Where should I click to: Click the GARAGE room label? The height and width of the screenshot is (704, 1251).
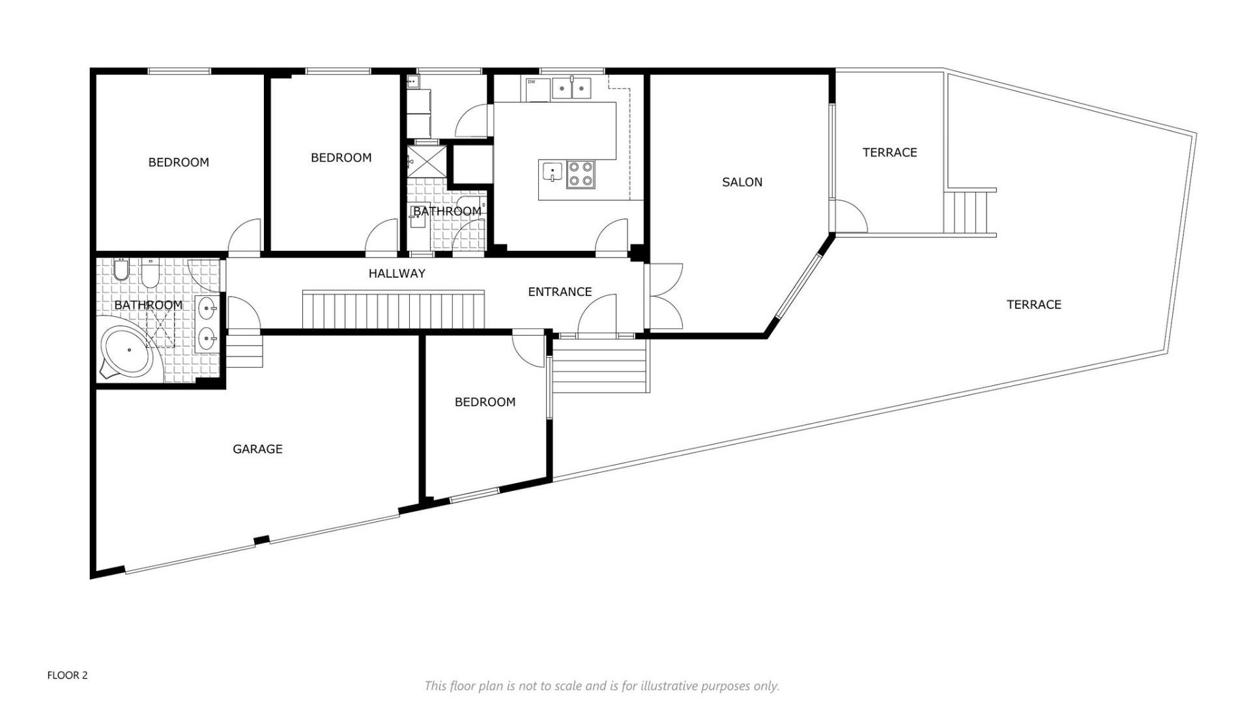[x=257, y=449]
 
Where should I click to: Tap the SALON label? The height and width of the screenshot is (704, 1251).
[x=741, y=183]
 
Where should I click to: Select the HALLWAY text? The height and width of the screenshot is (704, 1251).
[x=397, y=274]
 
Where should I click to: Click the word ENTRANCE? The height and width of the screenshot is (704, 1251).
[x=560, y=292]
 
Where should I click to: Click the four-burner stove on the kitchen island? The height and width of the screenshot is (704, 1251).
[x=580, y=174]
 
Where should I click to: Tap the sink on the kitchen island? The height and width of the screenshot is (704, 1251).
[x=551, y=172]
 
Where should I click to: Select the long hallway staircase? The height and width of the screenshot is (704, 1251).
[x=393, y=310]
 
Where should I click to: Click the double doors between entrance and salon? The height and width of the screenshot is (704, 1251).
[x=665, y=296]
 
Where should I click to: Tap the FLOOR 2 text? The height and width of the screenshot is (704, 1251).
[x=67, y=675]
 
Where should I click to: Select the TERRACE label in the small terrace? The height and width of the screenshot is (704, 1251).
[x=889, y=153]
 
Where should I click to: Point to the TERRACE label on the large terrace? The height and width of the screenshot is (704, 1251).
[x=1033, y=304]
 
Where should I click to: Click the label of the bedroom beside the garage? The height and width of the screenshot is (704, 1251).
[x=485, y=402]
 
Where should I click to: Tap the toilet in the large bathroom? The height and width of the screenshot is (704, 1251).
[x=122, y=269]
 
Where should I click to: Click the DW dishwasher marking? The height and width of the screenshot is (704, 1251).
[x=532, y=82]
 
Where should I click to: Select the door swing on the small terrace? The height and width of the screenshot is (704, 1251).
[x=851, y=216]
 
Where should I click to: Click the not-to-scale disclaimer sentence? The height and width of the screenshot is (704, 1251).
[x=601, y=686]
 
